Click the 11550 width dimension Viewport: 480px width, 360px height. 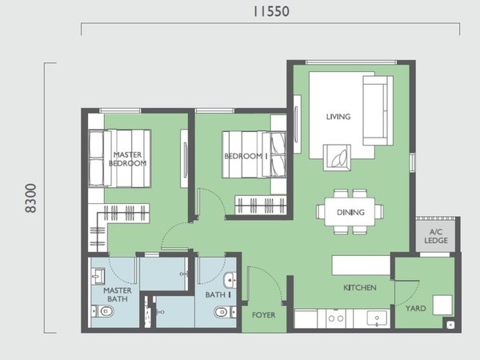click(271, 11)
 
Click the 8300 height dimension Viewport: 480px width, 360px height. click(30, 198)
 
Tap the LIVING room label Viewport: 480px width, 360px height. click(338, 116)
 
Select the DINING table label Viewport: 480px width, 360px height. click(350, 212)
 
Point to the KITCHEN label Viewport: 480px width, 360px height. click(360, 288)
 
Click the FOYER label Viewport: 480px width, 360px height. click(263, 315)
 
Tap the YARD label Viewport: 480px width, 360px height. click(415, 308)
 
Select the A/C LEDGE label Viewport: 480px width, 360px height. click(436, 236)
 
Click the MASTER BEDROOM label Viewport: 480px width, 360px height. click(127, 159)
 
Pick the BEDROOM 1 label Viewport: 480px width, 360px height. click(246, 156)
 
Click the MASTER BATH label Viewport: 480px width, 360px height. click(118, 294)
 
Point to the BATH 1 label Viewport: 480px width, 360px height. click(218, 294)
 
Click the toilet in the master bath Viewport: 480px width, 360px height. click(103, 312)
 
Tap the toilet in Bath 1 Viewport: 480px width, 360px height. click(225, 312)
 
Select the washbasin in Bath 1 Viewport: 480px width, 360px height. click(230, 280)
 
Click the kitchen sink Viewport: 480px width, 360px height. click(377, 318)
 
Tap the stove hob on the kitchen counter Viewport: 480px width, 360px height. click(336, 318)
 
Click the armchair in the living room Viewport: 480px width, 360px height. click(337, 158)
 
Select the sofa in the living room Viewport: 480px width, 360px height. click(378, 110)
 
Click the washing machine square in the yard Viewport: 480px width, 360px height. click(442, 305)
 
